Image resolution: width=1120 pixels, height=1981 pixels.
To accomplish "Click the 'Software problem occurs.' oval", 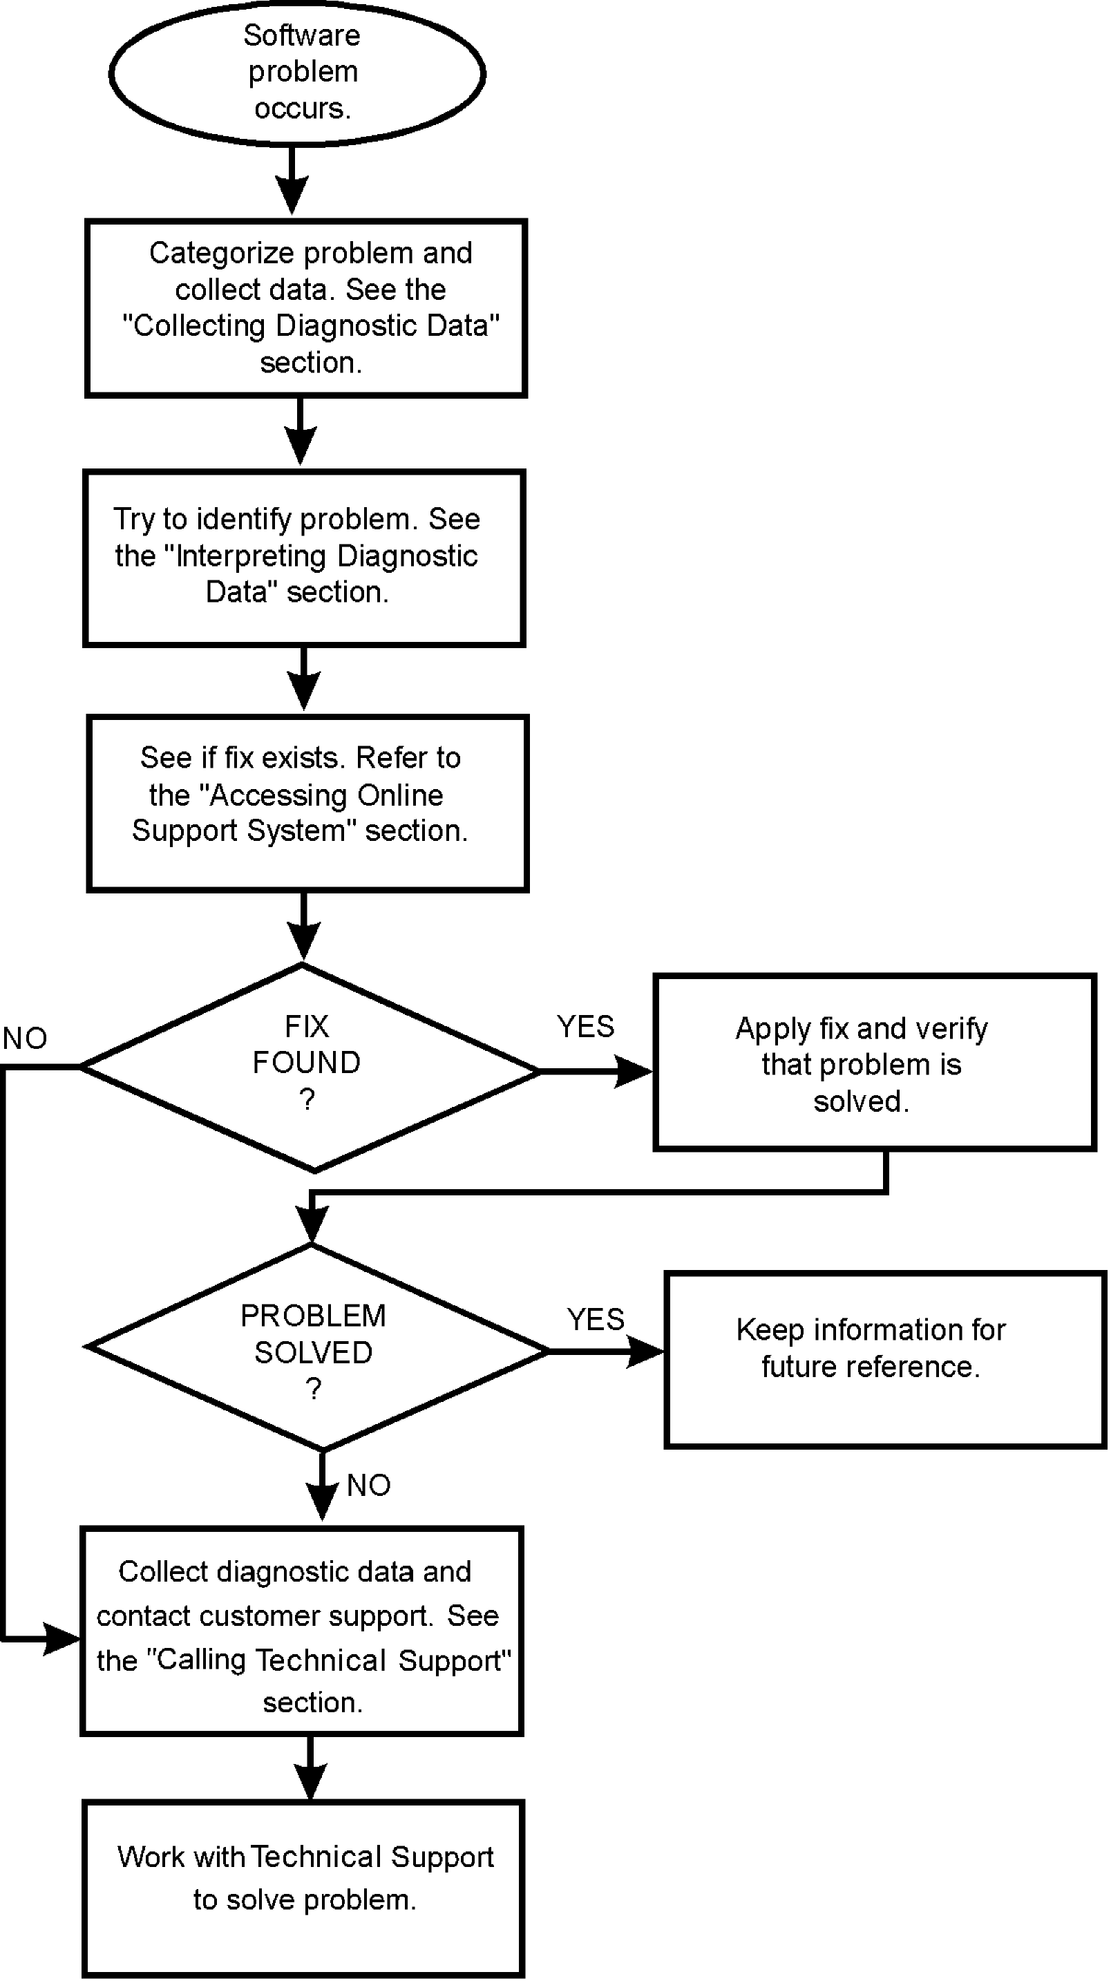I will [297, 73].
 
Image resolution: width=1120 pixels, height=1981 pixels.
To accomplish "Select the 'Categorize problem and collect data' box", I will [306, 307].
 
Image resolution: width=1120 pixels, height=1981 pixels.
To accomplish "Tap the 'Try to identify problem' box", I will [304, 558].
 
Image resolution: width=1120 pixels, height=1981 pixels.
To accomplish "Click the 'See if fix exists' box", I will [307, 803].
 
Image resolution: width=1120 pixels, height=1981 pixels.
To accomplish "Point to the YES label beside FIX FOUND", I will [585, 1027].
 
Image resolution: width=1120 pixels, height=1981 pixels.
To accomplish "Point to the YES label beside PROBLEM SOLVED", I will [596, 1320].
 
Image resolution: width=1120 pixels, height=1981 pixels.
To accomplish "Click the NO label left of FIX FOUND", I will [25, 1039].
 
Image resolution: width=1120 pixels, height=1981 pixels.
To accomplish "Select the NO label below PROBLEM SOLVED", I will [368, 1486].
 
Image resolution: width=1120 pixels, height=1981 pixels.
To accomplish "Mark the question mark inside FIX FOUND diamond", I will [307, 1100].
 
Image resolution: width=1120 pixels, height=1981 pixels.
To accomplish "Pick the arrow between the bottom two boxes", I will [310, 1769].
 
